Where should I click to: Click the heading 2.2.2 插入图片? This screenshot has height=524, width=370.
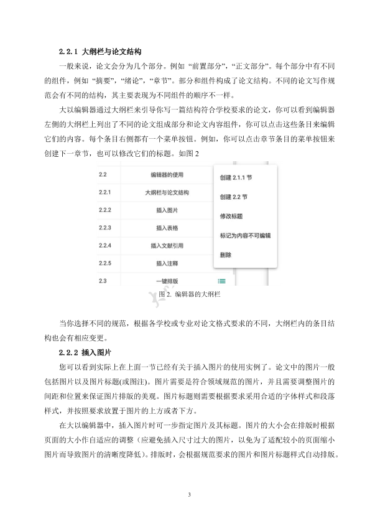[86, 352]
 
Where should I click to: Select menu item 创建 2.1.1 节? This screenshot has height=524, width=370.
[236, 177]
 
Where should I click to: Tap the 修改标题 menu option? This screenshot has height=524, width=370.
[231, 217]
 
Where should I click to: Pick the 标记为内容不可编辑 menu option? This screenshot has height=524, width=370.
[245, 236]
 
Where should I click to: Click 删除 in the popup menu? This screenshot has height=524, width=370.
[226, 255]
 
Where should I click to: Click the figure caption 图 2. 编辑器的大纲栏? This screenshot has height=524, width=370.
[185, 294]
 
